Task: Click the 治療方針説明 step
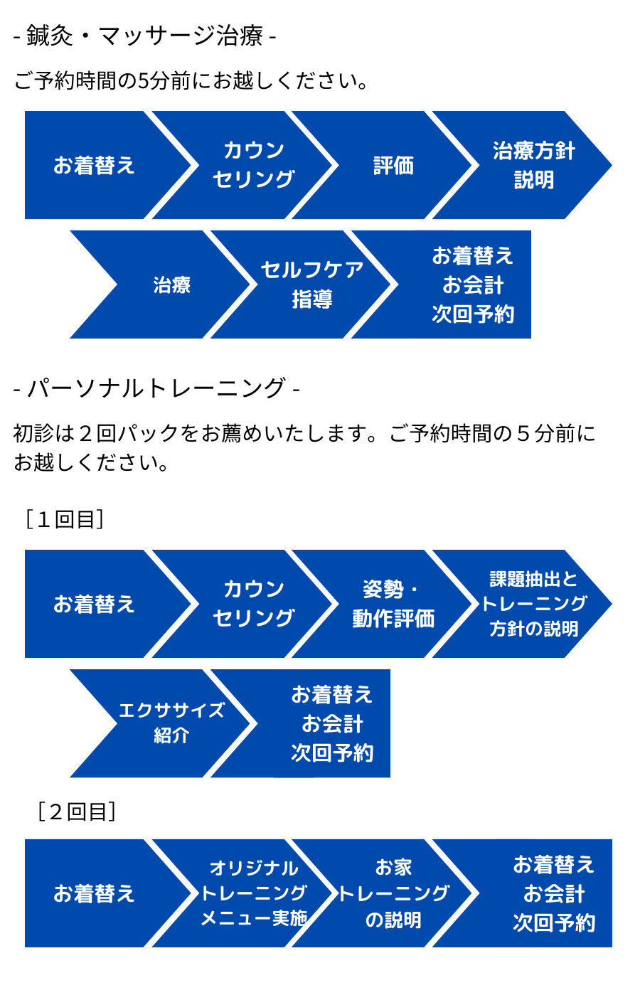tap(533, 165)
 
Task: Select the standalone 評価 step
tap(393, 166)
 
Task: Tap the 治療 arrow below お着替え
tap(171, 284)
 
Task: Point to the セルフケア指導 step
tap(311, 284)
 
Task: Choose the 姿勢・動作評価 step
tap(393, 604)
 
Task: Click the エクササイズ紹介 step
tap(171, 723)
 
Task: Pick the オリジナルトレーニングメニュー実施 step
tap(254, 893)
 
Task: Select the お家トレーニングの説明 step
tap(393, 893)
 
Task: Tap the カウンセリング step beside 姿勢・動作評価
tap(254, 604)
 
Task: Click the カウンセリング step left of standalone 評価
tap(254, 165)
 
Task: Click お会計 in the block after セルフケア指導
tap(473, 284)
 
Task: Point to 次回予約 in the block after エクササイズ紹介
tap(332, 752)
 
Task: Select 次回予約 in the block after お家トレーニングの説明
tap(554, 922)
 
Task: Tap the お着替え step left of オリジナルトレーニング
tap(94, 893)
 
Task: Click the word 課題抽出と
tap(533, 579)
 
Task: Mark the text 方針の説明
tap(533, 629)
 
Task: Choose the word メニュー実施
tap(254, 918)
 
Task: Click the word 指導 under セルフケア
tap(311, 299)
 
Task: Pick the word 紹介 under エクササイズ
tap(171, 735)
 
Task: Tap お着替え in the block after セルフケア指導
tap(473, 255)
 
